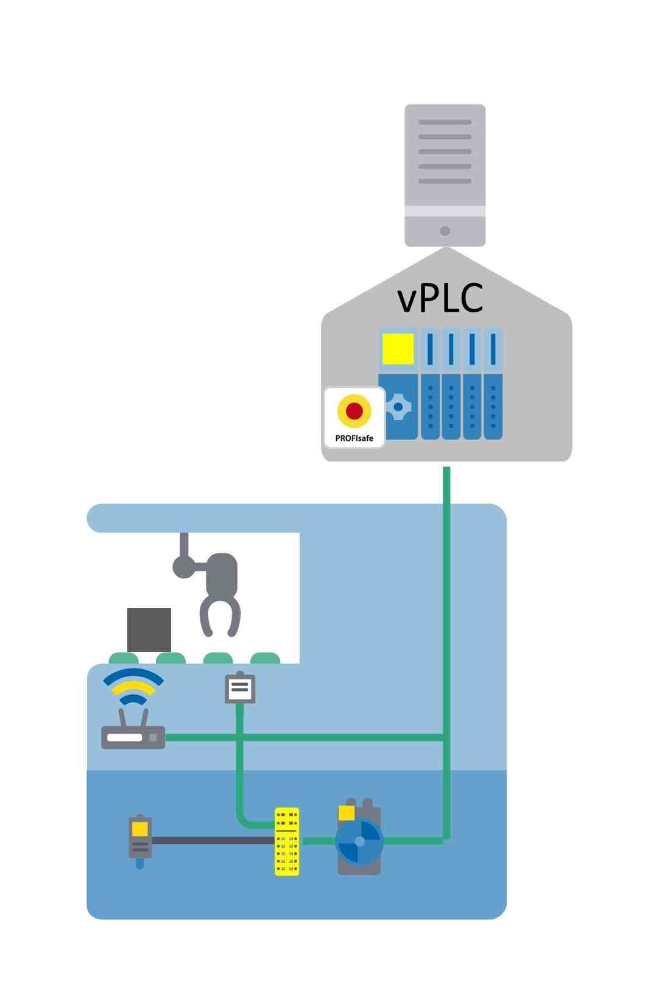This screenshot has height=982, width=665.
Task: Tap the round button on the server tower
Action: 445,231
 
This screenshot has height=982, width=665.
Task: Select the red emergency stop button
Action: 354,410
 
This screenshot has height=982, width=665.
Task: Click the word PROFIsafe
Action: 354,438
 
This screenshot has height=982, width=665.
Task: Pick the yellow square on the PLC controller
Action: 398,349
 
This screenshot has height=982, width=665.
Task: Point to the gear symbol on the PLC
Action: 398,406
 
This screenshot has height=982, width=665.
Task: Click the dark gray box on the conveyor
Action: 149,630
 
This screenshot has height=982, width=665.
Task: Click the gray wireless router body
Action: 133,737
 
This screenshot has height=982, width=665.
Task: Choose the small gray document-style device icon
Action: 240,689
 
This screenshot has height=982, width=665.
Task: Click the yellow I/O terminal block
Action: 287,841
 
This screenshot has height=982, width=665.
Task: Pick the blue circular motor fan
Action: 359,841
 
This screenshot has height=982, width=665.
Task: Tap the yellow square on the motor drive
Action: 347,813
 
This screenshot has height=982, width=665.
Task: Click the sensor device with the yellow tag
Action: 140,841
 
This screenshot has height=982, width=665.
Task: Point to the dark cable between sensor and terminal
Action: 213,840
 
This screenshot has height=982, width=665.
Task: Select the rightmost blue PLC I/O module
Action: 493,384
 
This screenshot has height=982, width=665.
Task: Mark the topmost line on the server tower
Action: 445,122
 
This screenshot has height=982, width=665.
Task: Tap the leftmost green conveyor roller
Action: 124,658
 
